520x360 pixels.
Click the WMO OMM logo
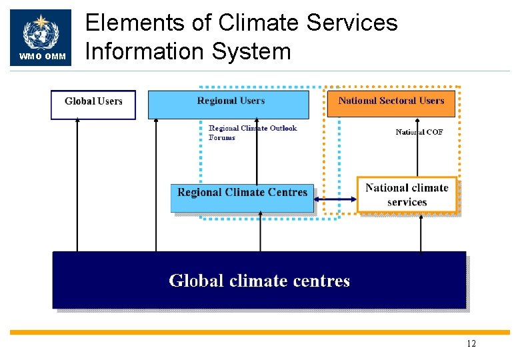click(41, 37)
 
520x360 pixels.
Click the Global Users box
click(93, 105)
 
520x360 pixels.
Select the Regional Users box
click(228, 105)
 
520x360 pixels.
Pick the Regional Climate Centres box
click(242, 198)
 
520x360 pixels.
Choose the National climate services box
click(407, 195)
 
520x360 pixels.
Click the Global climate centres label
click(259, 280)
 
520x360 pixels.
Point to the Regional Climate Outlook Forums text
click(252, 133)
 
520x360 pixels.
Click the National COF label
click(419, 132)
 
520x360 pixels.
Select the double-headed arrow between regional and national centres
click(335, 199)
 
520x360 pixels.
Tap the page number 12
click(471, 344)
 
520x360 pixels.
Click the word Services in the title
click(352, 23)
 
